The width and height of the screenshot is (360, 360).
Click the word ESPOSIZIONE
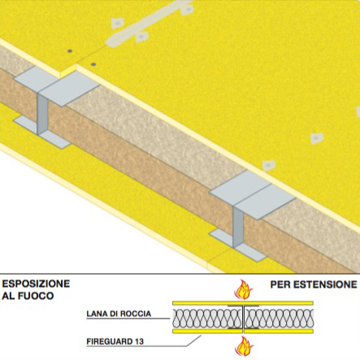point(36,284)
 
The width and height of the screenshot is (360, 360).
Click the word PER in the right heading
point(280,284)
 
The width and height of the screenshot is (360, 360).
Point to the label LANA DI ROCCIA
point(119,314)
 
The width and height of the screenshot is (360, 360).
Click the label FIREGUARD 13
point(115,341)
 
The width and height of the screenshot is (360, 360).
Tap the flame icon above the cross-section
point(244,289)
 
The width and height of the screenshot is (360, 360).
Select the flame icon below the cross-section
point(244,346)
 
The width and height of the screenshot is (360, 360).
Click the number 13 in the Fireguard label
point(139,341)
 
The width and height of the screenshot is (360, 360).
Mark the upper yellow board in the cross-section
point(243,303)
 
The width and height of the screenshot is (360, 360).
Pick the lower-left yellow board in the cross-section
point(207,332)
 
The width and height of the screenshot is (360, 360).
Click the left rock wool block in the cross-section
point(207,318)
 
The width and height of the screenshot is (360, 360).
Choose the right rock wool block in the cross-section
point(280,318)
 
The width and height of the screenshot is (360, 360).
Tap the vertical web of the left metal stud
point(41,114)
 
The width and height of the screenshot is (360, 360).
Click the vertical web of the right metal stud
point(237,227)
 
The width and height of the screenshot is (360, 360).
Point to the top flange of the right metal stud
point(253,194)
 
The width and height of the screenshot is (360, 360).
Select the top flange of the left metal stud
point(57,85)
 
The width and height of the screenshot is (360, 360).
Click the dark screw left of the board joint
point(70,50)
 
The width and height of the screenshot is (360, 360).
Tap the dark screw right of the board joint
point(93,64)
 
